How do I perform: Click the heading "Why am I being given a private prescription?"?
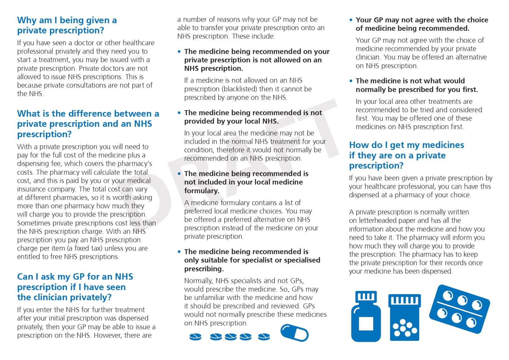tap(67, 25)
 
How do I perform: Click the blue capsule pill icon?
tap(294, 333)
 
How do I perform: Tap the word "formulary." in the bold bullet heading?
tap(202, 191)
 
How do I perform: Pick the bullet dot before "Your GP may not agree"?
tap(351, 20)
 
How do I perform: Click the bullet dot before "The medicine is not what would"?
tap(351, 81)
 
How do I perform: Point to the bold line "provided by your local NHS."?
tap(231, 121)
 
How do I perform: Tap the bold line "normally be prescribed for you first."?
tap(417, 90)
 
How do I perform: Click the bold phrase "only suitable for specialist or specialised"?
tap(252, 260)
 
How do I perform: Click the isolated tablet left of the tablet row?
tap(195, 336)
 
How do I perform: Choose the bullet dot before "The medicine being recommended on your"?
tap(179, 52)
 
